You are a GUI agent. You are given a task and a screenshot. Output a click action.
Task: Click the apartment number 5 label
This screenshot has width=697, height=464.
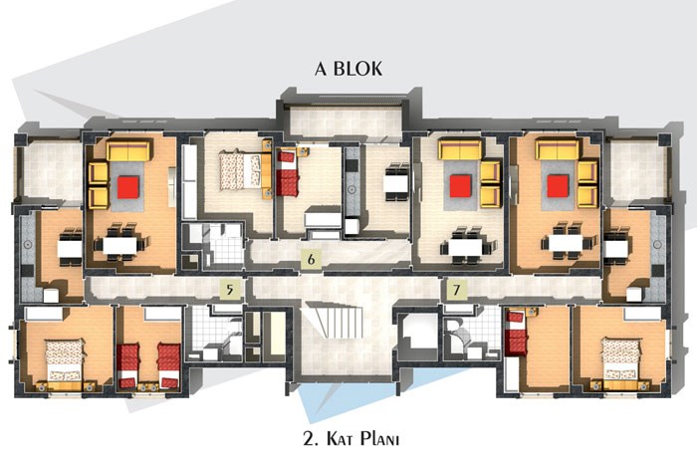[230, 290]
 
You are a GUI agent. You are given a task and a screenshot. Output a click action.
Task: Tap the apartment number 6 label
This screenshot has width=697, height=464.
[311, 259]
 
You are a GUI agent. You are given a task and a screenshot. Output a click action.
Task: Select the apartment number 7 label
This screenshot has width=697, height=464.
[456, 290]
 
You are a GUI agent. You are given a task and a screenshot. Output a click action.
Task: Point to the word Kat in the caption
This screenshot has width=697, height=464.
[341, 439]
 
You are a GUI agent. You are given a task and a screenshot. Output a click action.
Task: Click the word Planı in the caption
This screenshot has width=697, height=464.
[379, 439]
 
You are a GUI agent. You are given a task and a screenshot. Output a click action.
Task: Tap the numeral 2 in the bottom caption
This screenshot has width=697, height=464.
[309, 439]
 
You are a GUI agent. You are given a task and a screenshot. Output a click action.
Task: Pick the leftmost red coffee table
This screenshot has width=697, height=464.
[128, 187]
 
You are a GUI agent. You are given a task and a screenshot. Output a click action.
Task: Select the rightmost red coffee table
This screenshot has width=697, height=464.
[558, 186]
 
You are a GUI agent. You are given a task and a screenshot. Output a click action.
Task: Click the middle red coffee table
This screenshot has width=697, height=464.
[460, 186]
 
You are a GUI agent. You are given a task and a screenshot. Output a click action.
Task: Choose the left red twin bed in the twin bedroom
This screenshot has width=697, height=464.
[128, 365]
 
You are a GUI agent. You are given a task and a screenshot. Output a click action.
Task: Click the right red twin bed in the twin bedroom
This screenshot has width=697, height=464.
[169, 365]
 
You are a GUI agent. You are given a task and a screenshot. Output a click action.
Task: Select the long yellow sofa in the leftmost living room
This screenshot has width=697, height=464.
[128, 150]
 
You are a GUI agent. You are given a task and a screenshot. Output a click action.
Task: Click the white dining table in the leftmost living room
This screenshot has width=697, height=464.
[120, 245]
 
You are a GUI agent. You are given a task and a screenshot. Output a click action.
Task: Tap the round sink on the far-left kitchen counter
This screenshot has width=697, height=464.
[28, 244]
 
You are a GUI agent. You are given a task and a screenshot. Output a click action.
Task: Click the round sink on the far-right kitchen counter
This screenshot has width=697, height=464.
[657, 244]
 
